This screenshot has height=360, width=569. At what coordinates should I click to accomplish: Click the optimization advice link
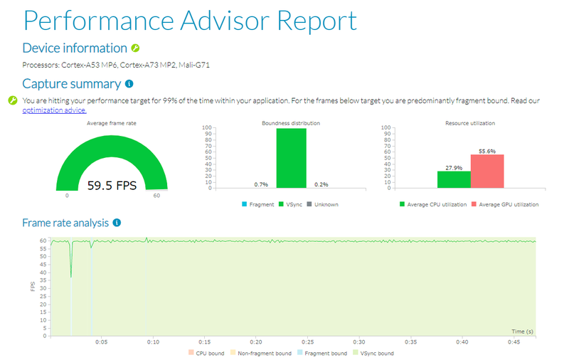point(54,110)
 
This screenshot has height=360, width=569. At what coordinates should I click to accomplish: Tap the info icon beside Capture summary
point(129,84)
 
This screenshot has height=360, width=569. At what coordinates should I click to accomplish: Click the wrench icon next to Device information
point(135,48)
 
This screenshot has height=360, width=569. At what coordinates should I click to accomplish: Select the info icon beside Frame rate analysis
point(117,223)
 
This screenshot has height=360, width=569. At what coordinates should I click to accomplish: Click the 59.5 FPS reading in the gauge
point(112,186)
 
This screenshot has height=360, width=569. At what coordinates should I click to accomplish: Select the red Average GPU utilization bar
point(486,171)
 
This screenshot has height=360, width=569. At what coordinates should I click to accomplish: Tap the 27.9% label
point(454,167)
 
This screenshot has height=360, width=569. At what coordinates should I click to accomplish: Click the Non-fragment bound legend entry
point(260,353)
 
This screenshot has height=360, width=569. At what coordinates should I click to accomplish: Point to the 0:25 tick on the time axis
point(307,342)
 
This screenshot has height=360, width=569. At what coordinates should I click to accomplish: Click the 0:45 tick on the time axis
point(514,342)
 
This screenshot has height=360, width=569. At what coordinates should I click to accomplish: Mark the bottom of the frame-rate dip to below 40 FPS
point(71,277)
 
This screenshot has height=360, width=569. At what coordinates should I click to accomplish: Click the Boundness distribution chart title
point(291,123)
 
